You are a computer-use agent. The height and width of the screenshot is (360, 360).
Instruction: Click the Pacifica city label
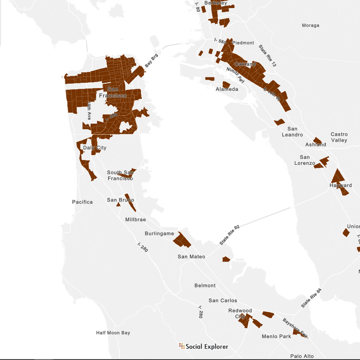[x=82, y=202]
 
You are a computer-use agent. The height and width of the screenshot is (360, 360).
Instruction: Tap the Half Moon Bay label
[x=113, y=333]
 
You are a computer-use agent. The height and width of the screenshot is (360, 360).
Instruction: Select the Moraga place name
[x=310, y=25]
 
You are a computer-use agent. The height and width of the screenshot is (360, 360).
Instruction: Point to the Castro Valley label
[x=339, y=137]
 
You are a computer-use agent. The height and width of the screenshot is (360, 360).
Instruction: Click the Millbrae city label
[x=135, y=220]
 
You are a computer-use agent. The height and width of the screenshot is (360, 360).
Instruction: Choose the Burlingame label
[x=159, y=234]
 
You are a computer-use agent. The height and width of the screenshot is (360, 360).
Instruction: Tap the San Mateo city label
[x=191, y=257]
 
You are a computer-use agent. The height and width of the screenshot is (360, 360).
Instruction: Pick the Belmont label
[x=205, y=286]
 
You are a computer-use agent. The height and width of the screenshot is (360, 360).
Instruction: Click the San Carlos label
[x=222, y=301]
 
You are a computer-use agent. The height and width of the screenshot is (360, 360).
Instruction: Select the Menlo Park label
[x=276, y=337]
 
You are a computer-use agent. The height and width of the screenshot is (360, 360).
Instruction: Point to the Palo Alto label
[x=301, y=356]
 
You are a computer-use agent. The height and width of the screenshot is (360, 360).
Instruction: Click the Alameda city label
[x=227, y=90]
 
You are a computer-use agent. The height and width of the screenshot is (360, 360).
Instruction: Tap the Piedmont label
[x=243, y=43]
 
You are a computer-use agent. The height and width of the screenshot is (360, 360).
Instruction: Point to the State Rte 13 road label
[x=267, y=56]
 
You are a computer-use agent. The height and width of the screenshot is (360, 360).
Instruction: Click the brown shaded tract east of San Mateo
[x=226, y=259]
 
